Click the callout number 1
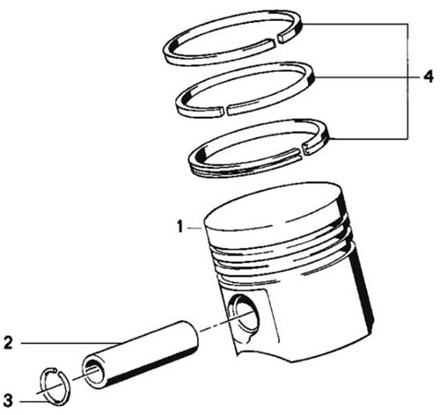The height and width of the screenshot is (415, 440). [180, 227]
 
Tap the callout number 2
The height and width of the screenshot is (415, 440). [9, 343]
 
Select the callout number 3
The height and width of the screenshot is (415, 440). [8, 400]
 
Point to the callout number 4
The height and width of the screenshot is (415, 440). [429, 76]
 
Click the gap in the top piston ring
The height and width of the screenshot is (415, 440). [277, 40]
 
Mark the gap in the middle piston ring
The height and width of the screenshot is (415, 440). [226, 111]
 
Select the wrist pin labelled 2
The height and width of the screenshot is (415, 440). [140, 354]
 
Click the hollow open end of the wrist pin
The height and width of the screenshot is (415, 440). [93, 372]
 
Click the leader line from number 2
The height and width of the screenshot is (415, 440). [71, 343]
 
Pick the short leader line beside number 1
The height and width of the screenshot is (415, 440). [195, 228]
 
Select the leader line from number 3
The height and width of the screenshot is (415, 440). [34, 402]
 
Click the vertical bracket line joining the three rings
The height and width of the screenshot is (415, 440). [407, 81]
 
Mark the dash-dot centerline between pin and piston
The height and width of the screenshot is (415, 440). [226, 323]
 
